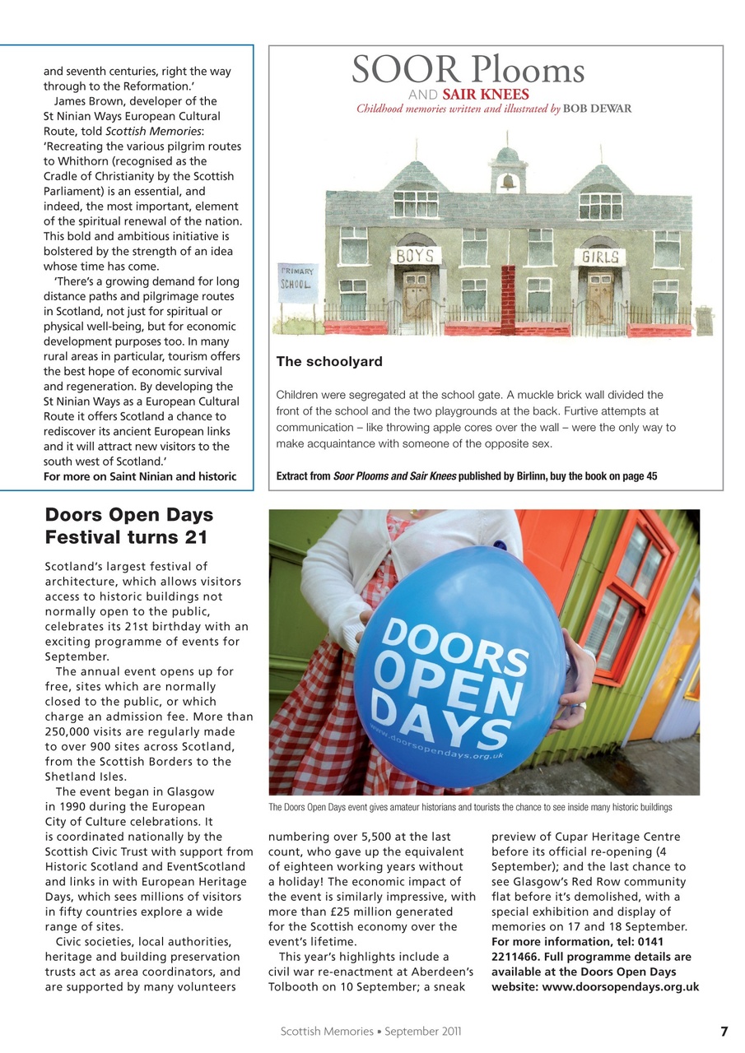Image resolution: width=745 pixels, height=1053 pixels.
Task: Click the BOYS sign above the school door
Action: (416, 256)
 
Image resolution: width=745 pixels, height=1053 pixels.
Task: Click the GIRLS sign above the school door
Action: (599, 257)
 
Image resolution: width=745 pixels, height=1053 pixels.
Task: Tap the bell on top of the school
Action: (508, 182)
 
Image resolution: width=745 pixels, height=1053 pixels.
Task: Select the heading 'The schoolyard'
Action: (329, 362)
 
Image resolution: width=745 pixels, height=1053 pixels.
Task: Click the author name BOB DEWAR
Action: (598, 109)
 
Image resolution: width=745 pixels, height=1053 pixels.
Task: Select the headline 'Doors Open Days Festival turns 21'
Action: (128, 526)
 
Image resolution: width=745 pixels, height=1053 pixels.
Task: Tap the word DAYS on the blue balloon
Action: (445, 720)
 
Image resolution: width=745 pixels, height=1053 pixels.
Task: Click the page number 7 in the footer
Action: (724, 1032)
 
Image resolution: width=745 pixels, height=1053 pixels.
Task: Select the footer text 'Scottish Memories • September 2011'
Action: (371, 1032)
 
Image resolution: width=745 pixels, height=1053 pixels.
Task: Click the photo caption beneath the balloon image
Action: (470, 807)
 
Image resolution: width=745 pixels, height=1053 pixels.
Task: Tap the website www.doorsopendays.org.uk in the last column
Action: (595, 987)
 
